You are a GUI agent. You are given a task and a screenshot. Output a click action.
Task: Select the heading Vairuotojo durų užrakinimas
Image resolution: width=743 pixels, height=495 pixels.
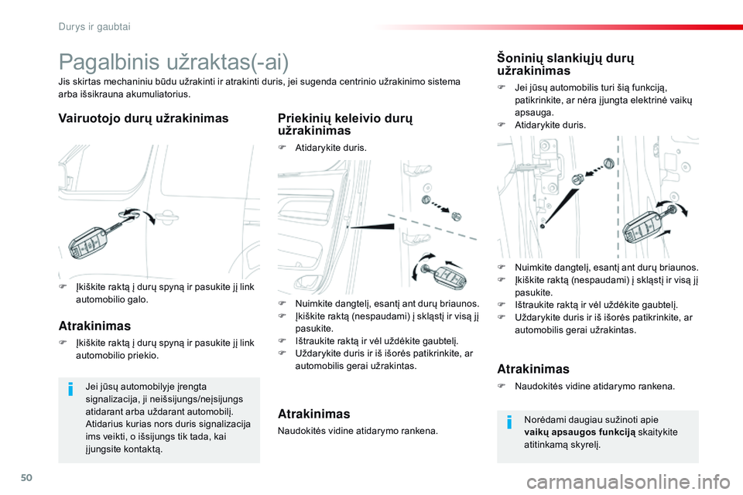pos(143,118)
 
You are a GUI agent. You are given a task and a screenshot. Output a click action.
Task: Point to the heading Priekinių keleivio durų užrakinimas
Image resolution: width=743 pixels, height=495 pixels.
pos(344,125)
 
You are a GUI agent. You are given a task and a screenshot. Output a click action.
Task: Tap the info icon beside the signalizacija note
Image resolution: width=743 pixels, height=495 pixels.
pos(70,390)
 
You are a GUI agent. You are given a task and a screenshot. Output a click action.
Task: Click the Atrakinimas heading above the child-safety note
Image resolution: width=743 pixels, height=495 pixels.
pos(532,369)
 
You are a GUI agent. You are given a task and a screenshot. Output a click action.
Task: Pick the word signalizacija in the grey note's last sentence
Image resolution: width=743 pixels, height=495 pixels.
pos(217,424)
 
